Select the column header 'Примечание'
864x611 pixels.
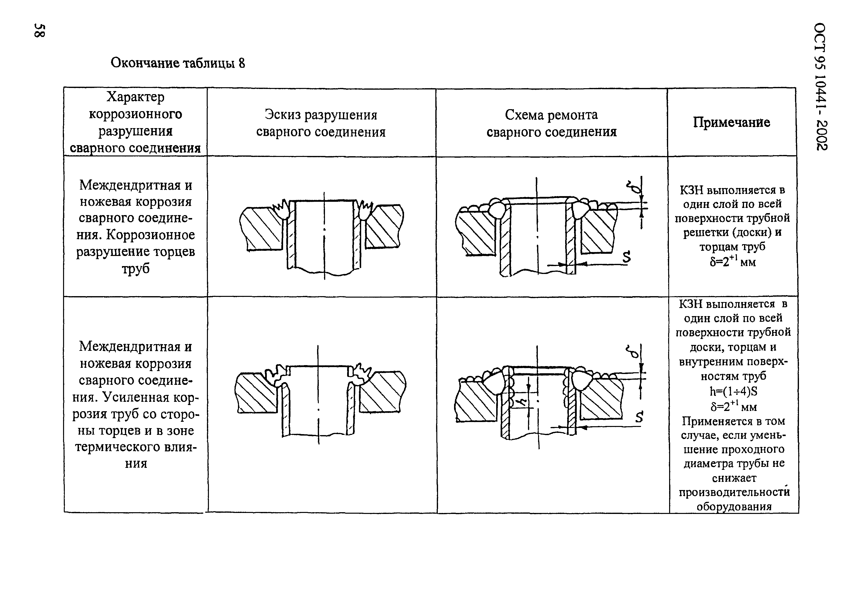(x=731, y=122)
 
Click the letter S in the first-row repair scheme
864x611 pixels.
(x=626, y=257)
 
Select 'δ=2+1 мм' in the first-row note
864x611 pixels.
(x=732, y=261)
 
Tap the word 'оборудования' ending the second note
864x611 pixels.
(x=734, y=506)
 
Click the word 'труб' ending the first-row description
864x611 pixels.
(x=136, y=268)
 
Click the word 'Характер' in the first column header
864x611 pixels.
(x=136, y=97)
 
